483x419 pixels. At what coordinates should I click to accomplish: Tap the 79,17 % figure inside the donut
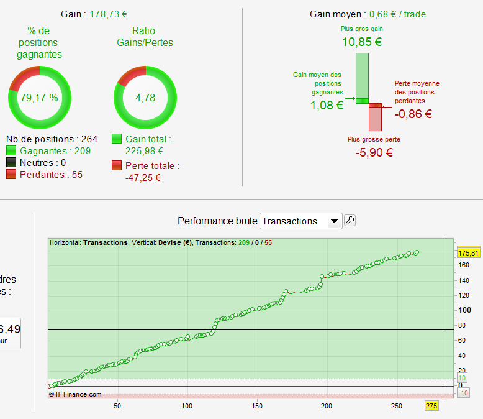[39, 98]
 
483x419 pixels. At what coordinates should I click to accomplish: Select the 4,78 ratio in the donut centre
[145, 98]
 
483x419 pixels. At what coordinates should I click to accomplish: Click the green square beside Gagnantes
[11, 151]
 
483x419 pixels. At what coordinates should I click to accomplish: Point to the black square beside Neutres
[11, 163]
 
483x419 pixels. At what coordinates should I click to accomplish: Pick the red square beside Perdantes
[11, 175]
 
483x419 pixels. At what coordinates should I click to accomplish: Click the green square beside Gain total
[117, 139]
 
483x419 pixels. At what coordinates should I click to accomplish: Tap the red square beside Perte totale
[117, 166]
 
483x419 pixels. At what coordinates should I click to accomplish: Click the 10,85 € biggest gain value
[362, 42]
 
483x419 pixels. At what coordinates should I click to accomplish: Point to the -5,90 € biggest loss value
[374, 152]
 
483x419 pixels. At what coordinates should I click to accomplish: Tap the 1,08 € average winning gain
[327, 105]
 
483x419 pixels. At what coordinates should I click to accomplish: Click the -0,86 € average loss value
[413, 114]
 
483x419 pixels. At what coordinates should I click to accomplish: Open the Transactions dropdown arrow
[334, 221]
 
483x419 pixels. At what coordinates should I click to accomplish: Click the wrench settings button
[350, 221]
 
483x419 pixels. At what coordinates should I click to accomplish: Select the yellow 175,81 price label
[467, 253]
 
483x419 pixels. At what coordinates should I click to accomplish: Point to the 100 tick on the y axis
[464, 310]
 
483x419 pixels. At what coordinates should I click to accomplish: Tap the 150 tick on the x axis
[256, 406]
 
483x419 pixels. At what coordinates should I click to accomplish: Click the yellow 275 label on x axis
[431, 406]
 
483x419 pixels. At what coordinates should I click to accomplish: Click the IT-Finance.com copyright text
[75, 394]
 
